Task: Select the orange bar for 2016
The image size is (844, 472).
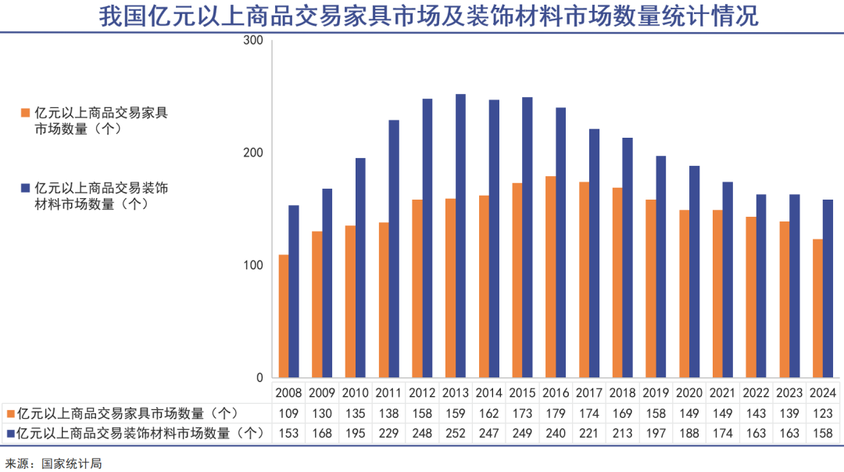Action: (551, 277)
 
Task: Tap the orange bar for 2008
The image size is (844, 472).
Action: (284, 316)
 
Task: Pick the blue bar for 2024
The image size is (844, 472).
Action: (828, 289)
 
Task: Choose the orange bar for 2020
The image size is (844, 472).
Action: (684, 294)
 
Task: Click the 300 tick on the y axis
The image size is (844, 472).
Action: (253, 41)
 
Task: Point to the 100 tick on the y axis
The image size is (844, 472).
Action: (253, 265)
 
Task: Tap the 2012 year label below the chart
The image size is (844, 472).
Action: (422, 393)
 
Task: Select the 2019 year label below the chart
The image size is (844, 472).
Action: (656, 393)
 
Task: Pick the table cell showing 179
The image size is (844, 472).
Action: (556, 413)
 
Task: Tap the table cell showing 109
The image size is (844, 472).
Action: (288, 413)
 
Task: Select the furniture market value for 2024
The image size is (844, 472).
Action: (823, 413)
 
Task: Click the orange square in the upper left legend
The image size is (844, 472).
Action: (26, 113)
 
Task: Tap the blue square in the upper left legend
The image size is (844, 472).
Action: (26, 188)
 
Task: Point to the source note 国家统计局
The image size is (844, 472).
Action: (72, 463)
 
